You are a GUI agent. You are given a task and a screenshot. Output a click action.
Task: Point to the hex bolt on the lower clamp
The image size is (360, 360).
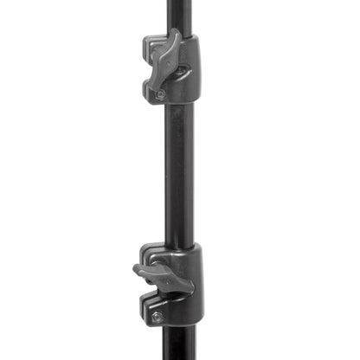157,317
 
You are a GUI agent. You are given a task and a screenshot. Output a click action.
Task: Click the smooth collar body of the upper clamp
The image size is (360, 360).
189,69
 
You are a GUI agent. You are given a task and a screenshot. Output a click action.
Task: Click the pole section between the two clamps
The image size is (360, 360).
177,173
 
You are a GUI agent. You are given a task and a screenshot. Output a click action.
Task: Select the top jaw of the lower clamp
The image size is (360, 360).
156,256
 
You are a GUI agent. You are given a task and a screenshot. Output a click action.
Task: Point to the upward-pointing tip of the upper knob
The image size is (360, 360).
176,35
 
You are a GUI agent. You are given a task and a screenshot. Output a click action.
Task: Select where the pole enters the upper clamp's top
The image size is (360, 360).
177,35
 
